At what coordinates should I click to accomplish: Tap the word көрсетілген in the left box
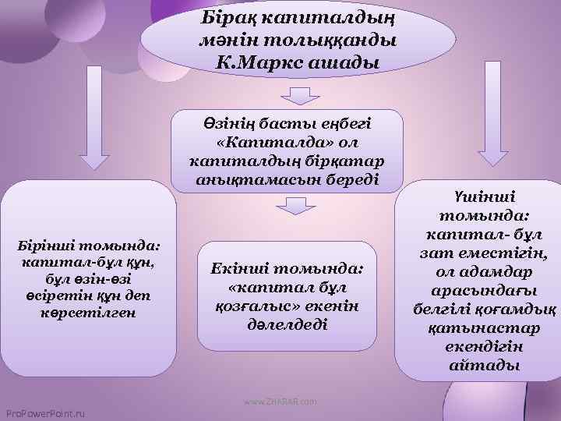click(91, 313)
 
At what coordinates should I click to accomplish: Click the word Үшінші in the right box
click(478, 198)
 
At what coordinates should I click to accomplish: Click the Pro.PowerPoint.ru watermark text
click(45, 412)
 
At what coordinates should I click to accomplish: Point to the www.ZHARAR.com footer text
click(280, 401)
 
